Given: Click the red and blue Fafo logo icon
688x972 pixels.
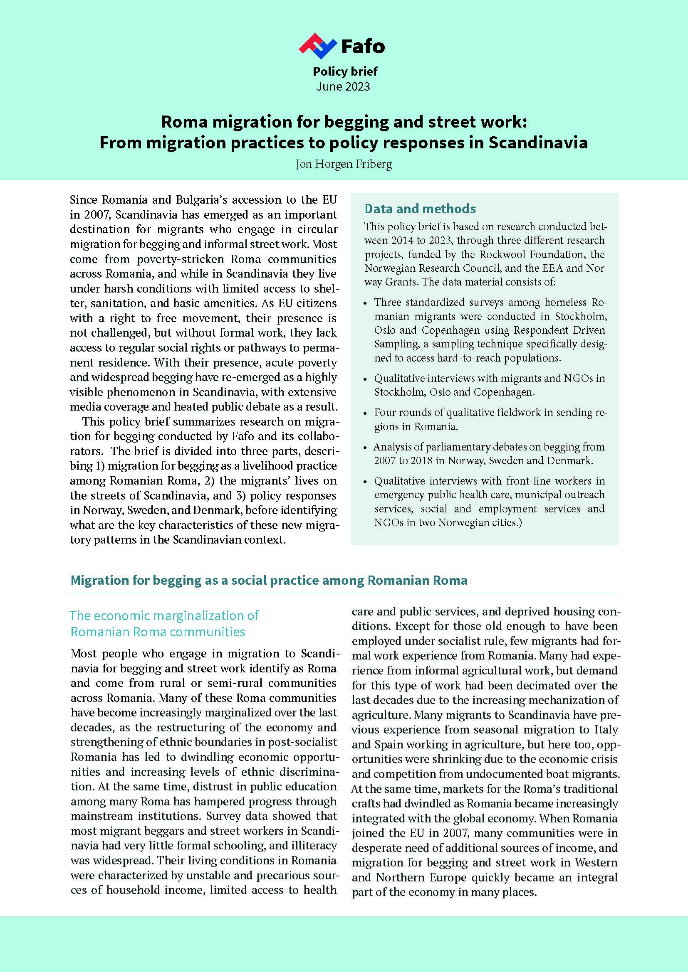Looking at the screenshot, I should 318,45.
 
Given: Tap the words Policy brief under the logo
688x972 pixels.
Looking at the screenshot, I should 345,71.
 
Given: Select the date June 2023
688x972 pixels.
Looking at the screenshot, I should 343,87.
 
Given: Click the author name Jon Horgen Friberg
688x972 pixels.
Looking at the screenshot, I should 344,164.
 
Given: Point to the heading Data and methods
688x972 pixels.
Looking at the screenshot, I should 420,209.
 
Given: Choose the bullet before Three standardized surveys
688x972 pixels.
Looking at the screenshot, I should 366,303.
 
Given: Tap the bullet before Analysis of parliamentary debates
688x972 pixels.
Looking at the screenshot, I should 366,448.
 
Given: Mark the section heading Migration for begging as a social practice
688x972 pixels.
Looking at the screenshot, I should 269,580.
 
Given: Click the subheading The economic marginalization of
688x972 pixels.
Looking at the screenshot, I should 164,615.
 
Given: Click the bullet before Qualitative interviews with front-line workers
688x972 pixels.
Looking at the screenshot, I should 366,482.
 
